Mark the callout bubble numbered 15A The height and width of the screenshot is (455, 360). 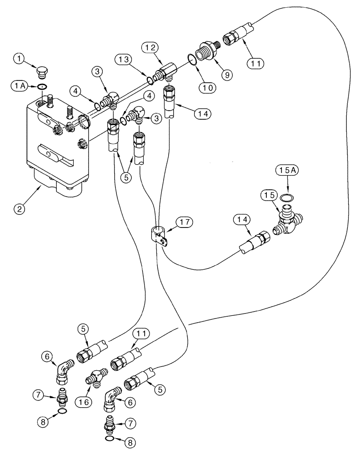(x=285, y=172)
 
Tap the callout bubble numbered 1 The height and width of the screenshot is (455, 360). (x=19, y=58)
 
